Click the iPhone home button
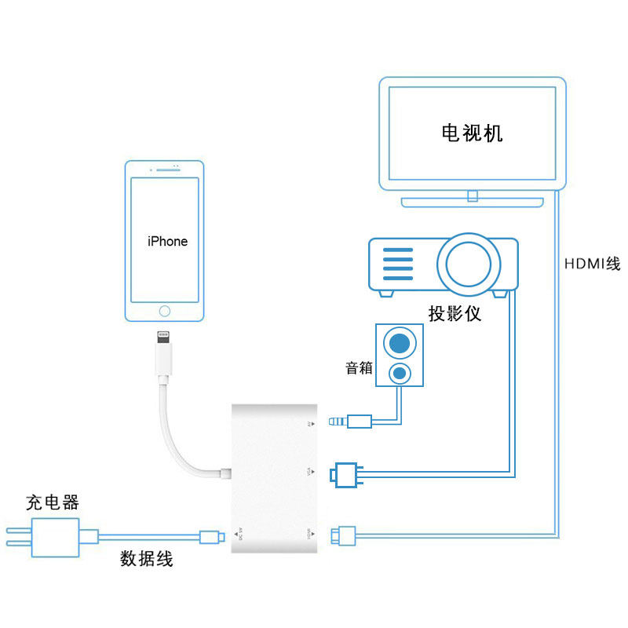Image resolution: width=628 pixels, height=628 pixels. pos(164,310)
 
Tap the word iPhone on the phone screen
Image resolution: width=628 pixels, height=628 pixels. pos(168,241)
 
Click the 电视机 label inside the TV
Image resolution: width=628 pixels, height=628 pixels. pos(472,133)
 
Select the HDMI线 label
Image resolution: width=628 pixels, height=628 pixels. pos(592,264)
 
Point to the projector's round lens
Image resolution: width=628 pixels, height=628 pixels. pos(468,263)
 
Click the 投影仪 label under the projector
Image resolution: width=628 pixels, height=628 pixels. pos(455,314)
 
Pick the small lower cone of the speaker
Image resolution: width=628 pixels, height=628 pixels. pos(400,371)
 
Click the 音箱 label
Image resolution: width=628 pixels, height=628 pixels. pos(360,367)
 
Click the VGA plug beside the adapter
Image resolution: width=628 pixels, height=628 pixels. pos(346,473)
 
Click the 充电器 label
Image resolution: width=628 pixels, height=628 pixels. pos(53,502)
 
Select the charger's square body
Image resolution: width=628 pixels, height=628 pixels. pos(55,538)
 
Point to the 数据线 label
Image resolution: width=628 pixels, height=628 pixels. pos(146,559)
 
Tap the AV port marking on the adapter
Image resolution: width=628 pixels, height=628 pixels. pos(310,424)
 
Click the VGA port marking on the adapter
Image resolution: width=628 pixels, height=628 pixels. pos(310,472)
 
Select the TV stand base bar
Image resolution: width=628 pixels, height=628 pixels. pos(472,203)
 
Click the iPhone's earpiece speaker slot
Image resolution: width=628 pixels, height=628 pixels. pos(164,169)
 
